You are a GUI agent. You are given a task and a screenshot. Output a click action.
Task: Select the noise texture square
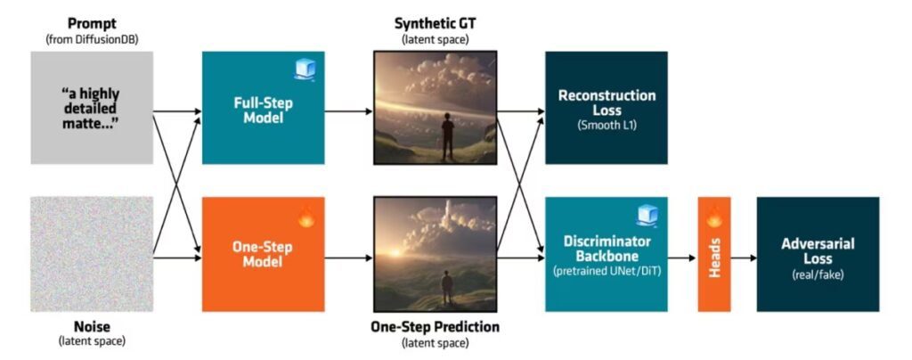click(x=92, y=254)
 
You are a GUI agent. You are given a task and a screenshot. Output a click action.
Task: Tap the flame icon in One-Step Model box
click(x=305, y=216)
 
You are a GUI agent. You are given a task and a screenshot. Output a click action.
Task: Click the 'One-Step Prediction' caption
click(x=434, y=327)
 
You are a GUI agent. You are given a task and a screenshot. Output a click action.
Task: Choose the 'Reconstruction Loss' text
click(x=606, y=102)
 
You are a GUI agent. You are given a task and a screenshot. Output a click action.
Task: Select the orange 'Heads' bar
click(x=714, y=255)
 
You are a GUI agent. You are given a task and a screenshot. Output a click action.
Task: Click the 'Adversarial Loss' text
click(x=817, y=249)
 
